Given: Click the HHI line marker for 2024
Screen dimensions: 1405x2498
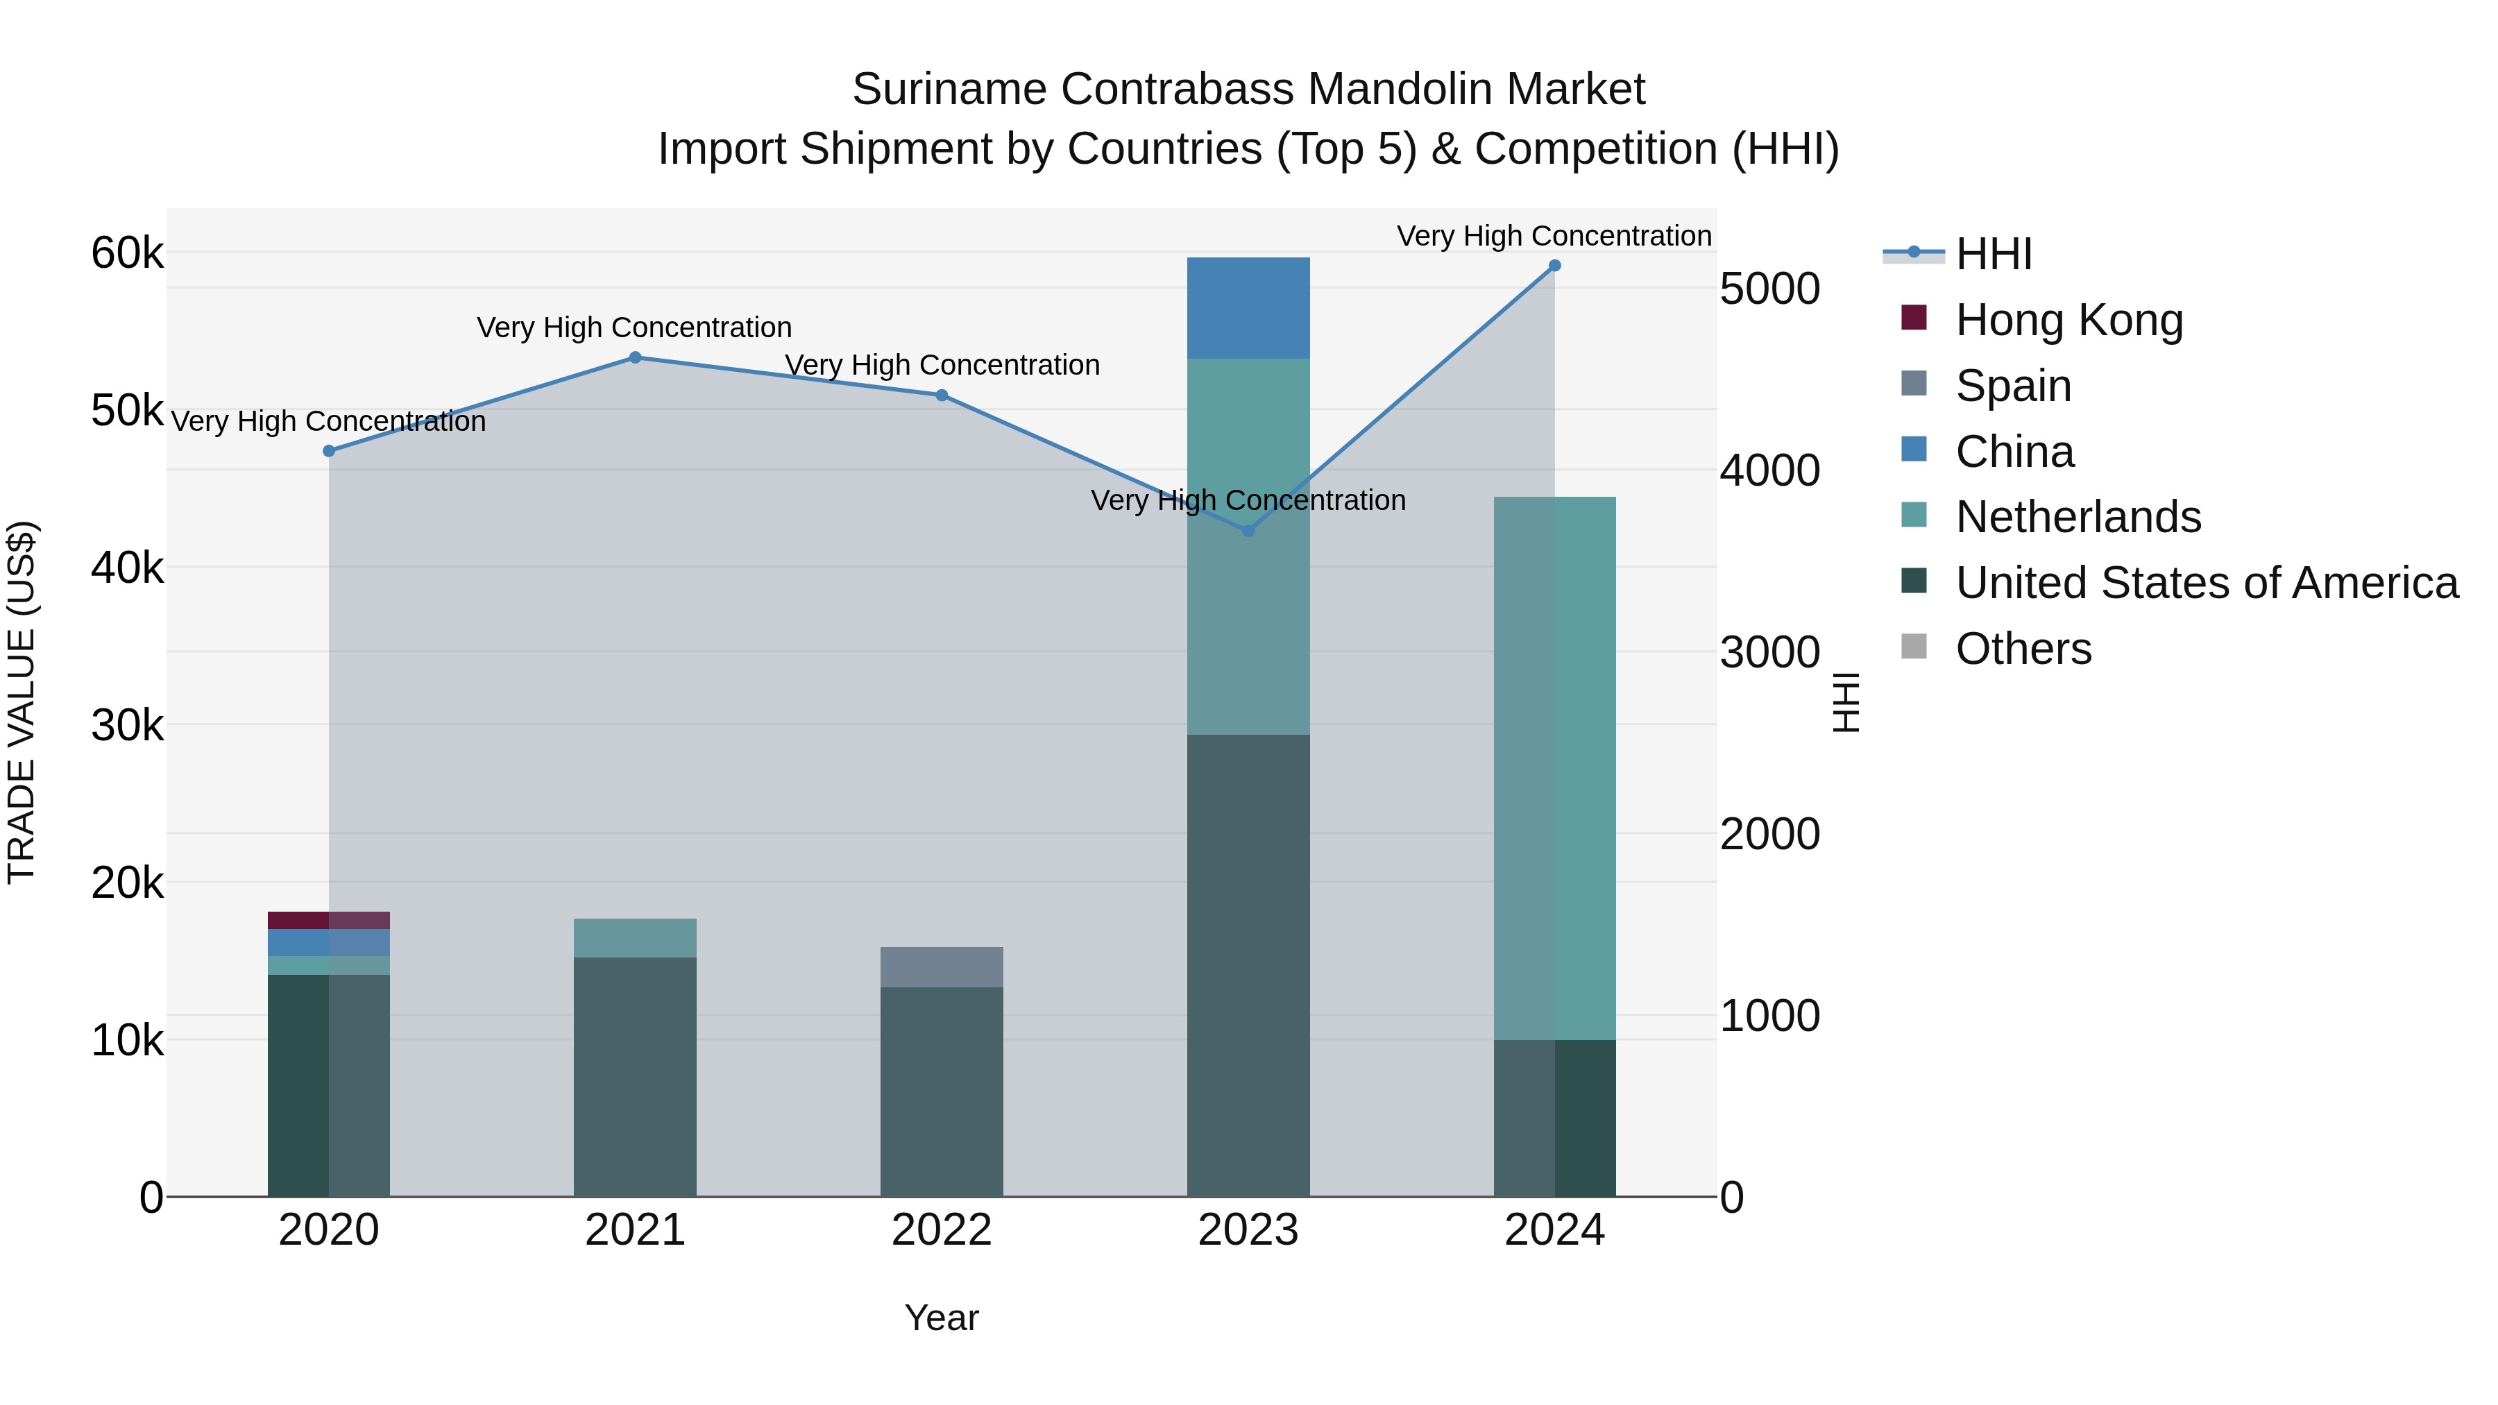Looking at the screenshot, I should coord(1554,266).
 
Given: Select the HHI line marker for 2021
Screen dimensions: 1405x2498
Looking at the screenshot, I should coord(635,358).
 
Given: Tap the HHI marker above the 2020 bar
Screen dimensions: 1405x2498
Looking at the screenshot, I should coord(329,451).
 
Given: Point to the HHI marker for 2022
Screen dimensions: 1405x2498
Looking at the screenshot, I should coord(942,395).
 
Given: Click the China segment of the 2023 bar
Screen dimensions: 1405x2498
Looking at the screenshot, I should coord(1248,308).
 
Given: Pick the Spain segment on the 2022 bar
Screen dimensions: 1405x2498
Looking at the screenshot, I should coord(942,967).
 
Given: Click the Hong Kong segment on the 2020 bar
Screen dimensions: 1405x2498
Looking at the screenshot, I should coord(329,920).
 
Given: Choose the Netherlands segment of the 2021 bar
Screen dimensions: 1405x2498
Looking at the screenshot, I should coord(635,937).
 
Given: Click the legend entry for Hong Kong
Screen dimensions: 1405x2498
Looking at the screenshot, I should coord(2068,320).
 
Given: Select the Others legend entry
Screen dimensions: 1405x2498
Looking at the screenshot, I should coord(2023,649).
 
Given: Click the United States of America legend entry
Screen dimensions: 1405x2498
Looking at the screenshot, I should coord(2206,583).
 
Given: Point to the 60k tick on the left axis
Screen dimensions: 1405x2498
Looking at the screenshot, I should coord(127,254).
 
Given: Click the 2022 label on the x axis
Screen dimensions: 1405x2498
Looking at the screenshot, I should coord(942,1230).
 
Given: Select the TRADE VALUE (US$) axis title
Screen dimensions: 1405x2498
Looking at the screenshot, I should coord(22,702).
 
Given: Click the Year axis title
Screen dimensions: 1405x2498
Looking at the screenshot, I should coord(942,1318).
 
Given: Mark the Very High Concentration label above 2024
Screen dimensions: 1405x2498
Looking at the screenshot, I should coord(1554,236).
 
